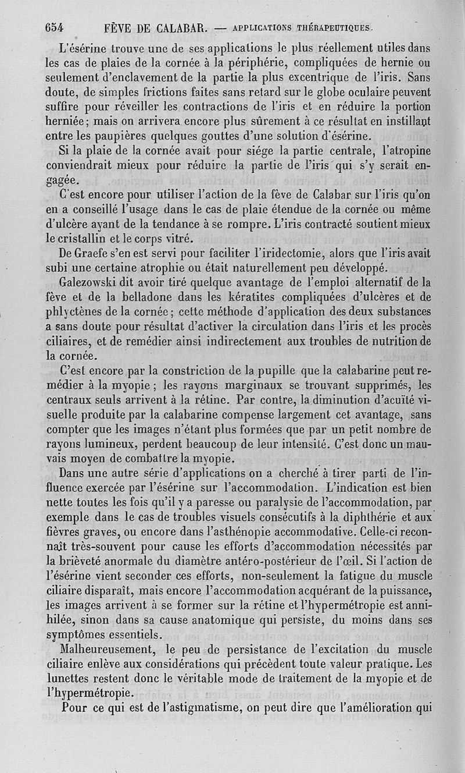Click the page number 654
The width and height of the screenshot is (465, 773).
coord(54,27)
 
